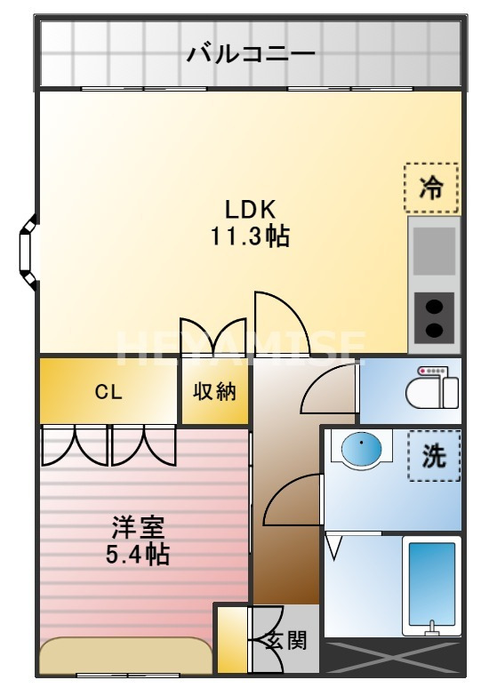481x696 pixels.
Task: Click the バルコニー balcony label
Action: [x=251, y=54]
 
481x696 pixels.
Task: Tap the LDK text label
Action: [x=251, y=210]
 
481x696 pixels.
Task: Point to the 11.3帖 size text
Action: [x=251, y=236]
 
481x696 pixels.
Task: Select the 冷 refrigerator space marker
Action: [x=431, y=188]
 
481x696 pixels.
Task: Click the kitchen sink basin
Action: [x=434, y=251]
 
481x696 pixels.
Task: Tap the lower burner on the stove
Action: [x=434, y=330]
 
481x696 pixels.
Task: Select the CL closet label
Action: [x=109, y=392]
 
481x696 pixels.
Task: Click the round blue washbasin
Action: [x=361, y=449]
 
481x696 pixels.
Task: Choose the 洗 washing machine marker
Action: [x=434, y=455]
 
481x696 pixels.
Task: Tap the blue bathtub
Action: [x=431, y=581]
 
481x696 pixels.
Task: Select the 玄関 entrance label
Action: [x=286, y=640]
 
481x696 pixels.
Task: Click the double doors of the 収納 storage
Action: [x=215, y=337]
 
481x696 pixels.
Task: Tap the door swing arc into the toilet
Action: [x=332, y=389]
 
